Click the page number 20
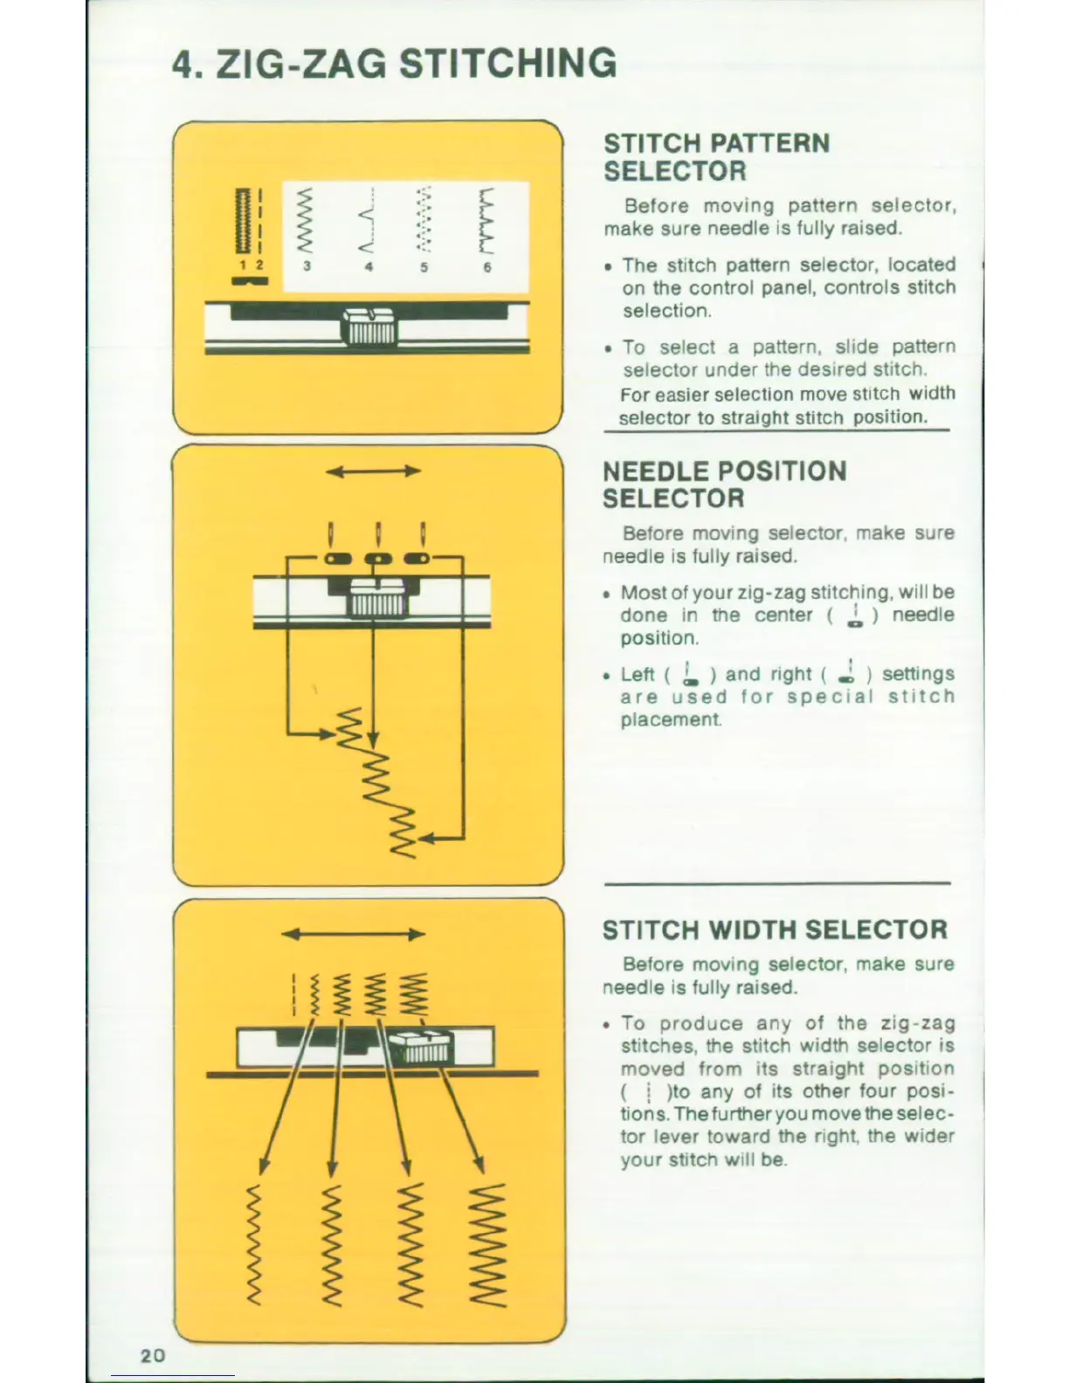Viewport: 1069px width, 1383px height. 152,1355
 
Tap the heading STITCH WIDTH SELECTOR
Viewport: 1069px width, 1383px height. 775,930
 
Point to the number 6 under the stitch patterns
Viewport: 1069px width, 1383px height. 487,268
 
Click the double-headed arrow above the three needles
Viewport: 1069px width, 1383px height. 374,472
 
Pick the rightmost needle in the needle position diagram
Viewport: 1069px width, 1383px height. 423,533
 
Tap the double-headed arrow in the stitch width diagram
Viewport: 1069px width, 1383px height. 354,934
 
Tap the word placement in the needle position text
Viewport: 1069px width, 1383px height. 671,720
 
